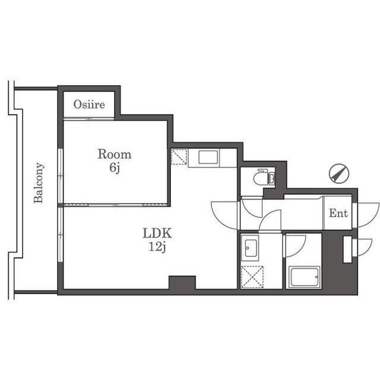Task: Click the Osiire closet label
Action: point(89,104)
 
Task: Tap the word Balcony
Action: point(39,183)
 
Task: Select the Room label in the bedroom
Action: point(115,154)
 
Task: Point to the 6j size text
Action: point(115,167)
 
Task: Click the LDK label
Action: point(157,233)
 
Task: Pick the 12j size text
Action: point(157,247)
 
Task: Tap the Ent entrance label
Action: point(338,213)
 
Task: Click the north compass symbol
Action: point(339,173)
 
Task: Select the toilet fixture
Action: point(261,178)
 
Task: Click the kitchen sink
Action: point(208,157)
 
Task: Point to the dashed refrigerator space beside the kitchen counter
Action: point(179,157)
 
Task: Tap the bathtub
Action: point(305,276)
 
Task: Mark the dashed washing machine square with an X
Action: point(252,277)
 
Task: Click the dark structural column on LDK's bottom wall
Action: point(182,283)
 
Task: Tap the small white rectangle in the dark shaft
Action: point(347,249)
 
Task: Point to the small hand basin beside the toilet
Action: point(272,179)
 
